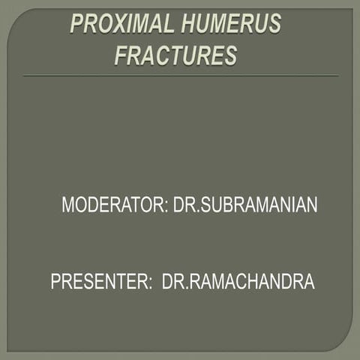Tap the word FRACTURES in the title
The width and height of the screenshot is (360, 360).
(x=175, y=55)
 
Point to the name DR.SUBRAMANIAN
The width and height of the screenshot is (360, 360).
(x=246, y=205)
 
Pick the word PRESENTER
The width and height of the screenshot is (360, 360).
(x=98, y=282)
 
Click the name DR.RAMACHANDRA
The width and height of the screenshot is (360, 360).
(x=238, y=282)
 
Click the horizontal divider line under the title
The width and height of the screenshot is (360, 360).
(x=180, y=76)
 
